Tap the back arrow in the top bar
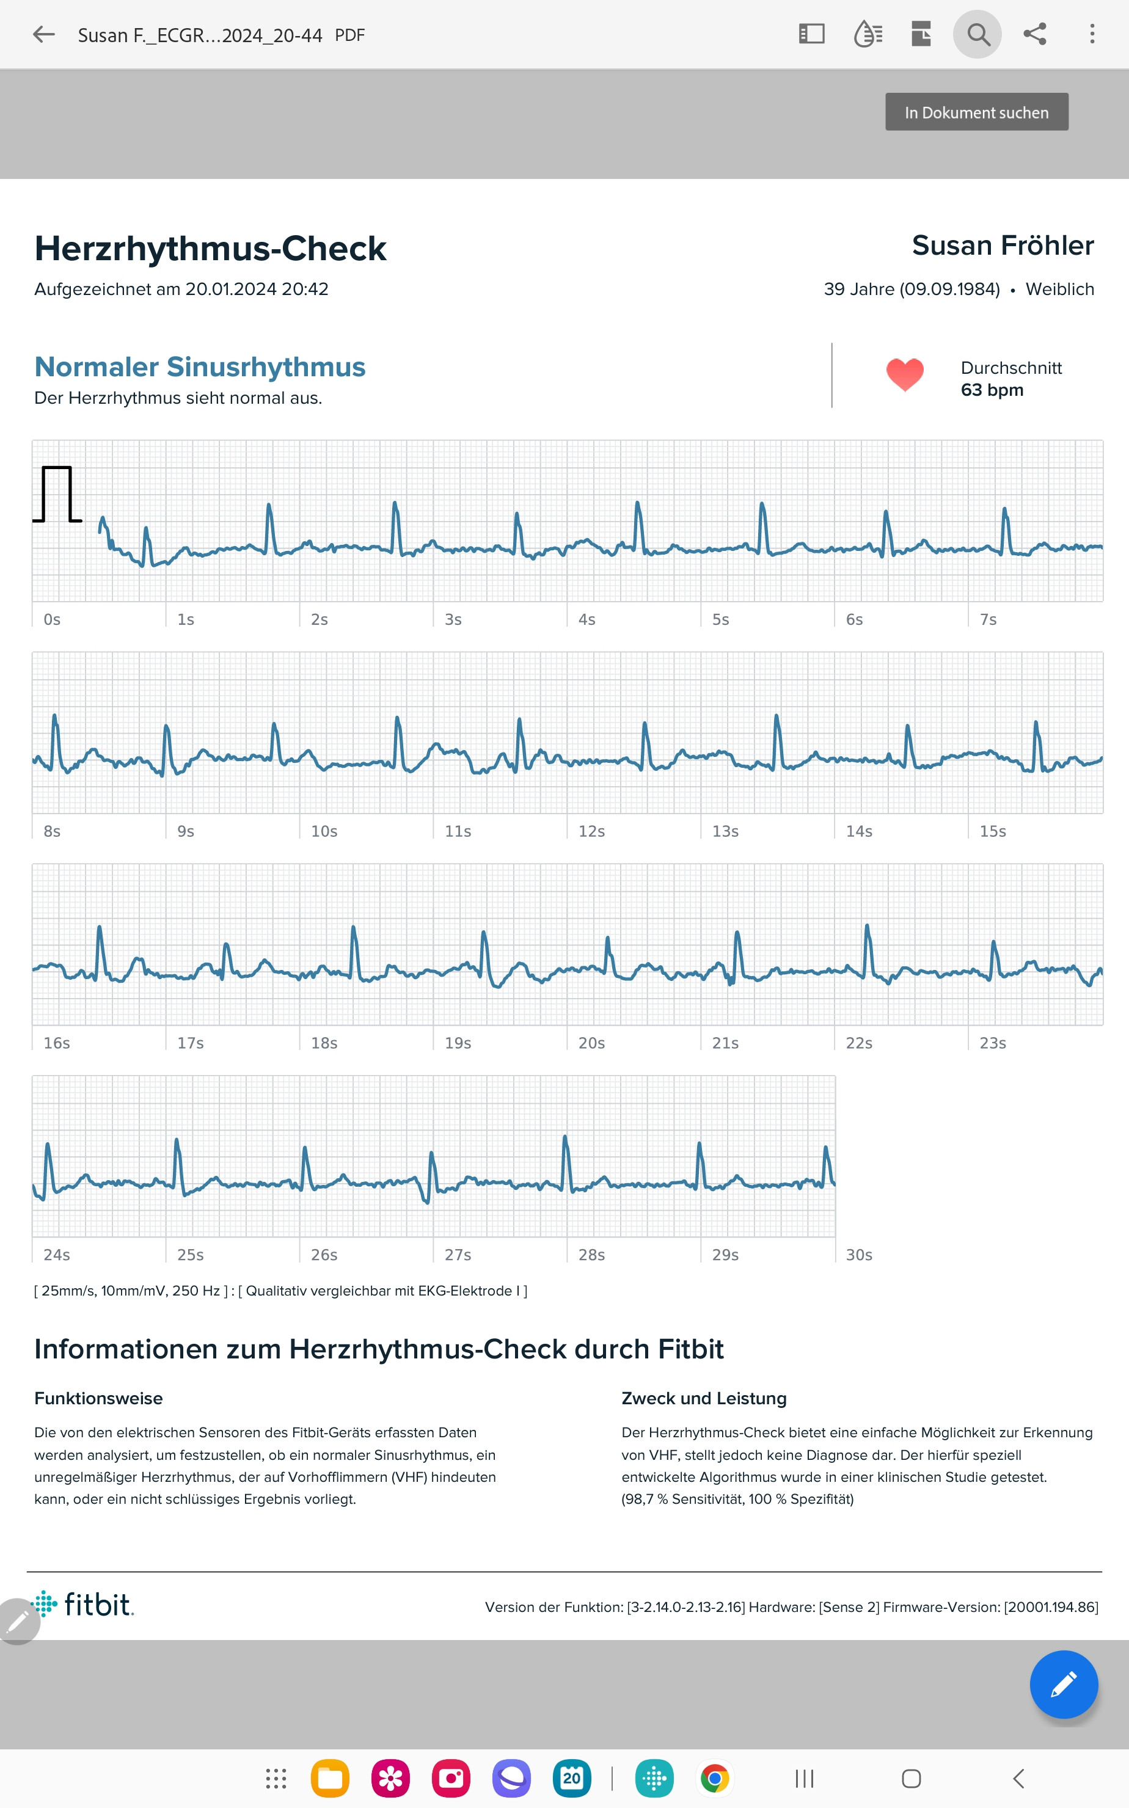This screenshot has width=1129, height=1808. click(44, 34)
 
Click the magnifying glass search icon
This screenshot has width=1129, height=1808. click(977, 34)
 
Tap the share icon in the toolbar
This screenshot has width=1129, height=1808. click(1034, 34)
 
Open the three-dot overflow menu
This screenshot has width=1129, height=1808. click(1092, 34)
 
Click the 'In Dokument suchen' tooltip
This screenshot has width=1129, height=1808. click(976, 112)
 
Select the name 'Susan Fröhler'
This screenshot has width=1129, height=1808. click(1002, 246)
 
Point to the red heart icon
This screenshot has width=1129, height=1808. click(904, 374)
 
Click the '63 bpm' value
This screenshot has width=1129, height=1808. click(992, 390)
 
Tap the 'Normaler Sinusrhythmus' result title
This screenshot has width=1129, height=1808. click(200, 367)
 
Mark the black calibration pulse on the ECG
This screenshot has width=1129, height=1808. click(57, 494)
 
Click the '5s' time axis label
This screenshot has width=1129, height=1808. click(720, 619)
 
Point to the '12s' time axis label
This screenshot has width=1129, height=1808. click(591, 831)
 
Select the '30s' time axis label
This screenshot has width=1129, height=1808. click(859, 1255)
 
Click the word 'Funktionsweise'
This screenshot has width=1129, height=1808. click(98, 1398)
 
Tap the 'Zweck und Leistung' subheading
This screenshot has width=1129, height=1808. click(703, 1398)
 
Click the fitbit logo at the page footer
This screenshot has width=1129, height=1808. click(84, 1604)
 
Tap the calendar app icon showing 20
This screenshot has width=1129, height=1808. click(571, 1779)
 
